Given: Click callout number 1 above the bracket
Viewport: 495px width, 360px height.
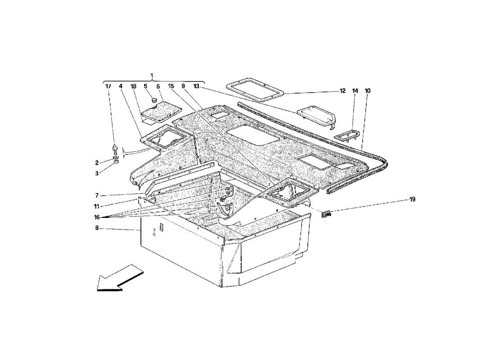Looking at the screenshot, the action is [x=152, y=76].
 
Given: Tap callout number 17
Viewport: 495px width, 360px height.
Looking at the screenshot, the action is [x=108, y=86].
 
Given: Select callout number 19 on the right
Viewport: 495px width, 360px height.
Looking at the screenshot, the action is [x=412, y=199].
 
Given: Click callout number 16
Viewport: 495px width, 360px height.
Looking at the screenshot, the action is [x=97, y=217].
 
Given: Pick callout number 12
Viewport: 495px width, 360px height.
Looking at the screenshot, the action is [x=342, y=90].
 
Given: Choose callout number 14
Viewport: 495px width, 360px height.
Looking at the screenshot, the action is [x=355, y=90].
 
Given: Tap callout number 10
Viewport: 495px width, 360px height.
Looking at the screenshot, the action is [x=368, y=90].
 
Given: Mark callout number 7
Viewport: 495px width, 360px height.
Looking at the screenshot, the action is [x=97, y=195].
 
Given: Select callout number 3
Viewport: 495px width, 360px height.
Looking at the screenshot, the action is [x=97, y=173].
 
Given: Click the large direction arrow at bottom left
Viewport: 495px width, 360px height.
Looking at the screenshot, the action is [x=120, y=278].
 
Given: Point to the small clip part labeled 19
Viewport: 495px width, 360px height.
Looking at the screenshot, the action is [x=326, y=215].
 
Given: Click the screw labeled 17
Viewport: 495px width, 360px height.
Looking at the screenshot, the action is [x=115, y=149].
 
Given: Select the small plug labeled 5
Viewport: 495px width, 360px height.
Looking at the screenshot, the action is [x=154, y=100].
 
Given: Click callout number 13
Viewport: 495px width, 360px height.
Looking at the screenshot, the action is [x=197, y=86].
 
